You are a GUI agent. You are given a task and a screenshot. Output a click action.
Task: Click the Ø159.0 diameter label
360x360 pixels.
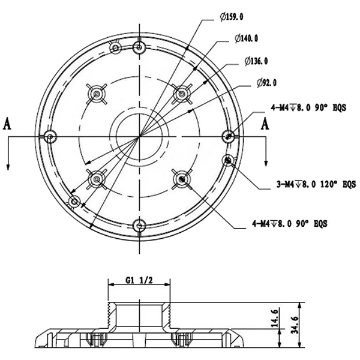(x=232, y=17)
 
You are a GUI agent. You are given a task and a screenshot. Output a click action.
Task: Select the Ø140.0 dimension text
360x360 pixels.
(x=247, y=38)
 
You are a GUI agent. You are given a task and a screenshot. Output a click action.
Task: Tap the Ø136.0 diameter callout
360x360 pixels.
(x=256, y=61)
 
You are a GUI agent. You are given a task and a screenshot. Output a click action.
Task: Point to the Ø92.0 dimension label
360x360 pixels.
(x=267, y=83)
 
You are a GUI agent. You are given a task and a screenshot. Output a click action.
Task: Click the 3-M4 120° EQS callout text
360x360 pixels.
(x=316, y=184)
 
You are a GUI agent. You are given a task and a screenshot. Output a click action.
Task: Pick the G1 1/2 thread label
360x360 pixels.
(x=139, y=280)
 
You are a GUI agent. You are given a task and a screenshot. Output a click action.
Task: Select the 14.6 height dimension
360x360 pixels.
(x=275, y=318)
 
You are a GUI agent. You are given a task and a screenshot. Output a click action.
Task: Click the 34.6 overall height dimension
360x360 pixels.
(x=295, y=325)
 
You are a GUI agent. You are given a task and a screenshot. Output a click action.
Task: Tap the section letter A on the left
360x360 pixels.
(x=7, y=124)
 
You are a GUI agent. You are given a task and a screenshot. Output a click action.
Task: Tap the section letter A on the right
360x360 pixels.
(x=265, y=124)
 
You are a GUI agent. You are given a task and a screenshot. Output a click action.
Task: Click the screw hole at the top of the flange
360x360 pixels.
(x=139, y=47)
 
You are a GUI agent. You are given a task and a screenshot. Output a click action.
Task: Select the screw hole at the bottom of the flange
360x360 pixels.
(x=139, y=226)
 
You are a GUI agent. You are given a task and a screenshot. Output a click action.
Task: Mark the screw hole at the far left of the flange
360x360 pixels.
(x=50, y=137)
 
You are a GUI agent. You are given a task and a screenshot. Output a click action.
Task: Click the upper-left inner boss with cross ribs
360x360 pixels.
(x=97, y=94)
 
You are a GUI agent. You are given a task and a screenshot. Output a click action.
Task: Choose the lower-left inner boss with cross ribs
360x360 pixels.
(x=97, y=179)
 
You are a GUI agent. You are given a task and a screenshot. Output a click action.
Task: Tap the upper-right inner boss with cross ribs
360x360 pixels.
(x=182, y=94)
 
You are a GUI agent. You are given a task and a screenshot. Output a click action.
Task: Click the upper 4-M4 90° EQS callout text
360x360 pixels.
(x=308, y=107)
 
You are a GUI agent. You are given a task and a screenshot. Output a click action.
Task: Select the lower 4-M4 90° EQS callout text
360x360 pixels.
(x=290, y=223)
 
